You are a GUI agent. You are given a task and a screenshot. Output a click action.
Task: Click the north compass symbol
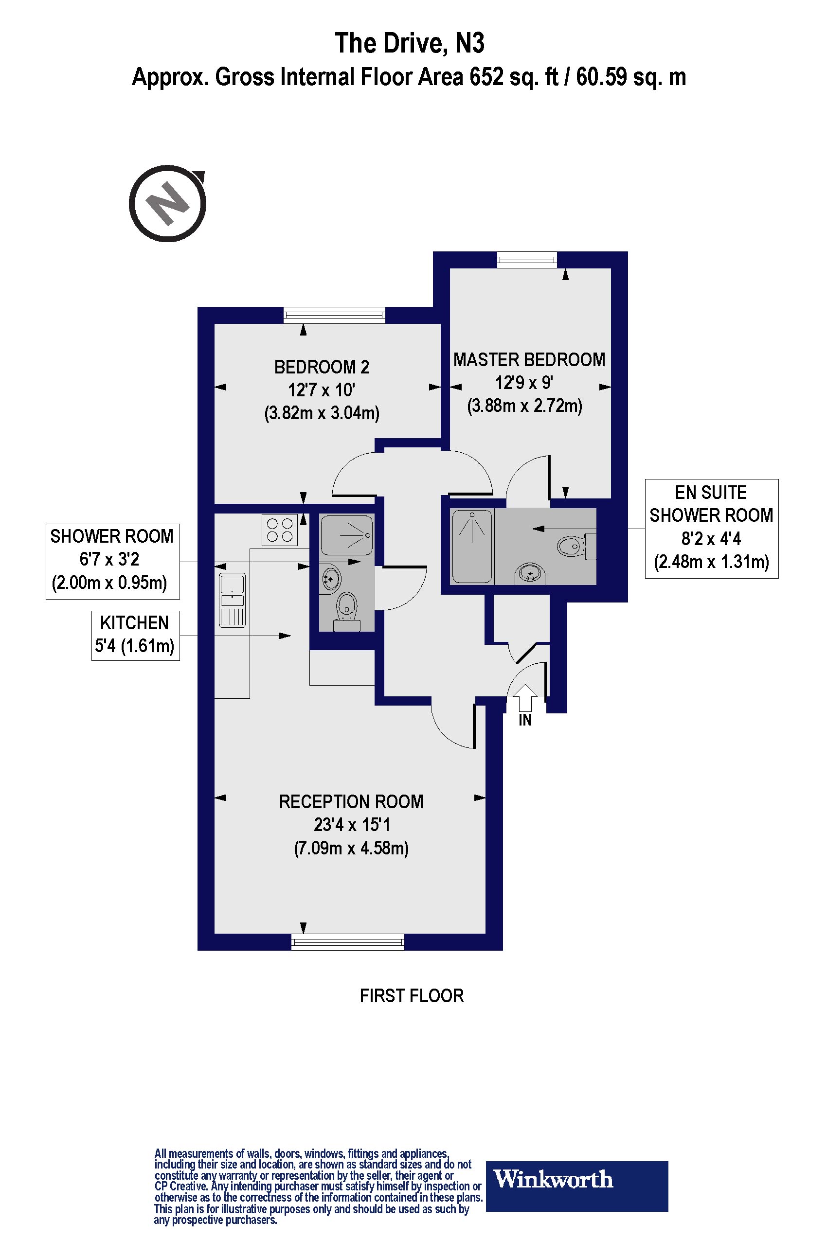click(x=168, y=203)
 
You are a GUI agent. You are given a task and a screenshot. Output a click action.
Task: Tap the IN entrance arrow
click(x=525, y=699)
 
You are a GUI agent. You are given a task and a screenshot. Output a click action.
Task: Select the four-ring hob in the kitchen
click(x=280, y=530)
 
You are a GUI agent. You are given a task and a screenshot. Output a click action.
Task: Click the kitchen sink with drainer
click(x=232, y=601)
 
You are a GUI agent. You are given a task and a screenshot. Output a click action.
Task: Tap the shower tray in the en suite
click(x=472, y=546)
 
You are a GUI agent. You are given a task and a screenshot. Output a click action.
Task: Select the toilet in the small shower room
click(x=346, y=608)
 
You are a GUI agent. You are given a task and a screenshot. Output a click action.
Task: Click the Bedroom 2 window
click(x=334, y=315)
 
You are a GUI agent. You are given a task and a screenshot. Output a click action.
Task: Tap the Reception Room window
click(x=347, y=941)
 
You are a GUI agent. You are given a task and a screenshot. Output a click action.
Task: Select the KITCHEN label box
click(x=136, y=635)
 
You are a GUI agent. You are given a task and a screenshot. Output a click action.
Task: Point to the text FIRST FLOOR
click(x=412, y=996)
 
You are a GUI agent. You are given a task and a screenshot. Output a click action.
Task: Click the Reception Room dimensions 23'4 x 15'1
click(x=351, y=825)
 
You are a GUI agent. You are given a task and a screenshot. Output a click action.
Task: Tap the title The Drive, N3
click(x=409, y=43)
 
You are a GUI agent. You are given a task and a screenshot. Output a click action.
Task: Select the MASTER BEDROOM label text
click(x=529, y=359)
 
